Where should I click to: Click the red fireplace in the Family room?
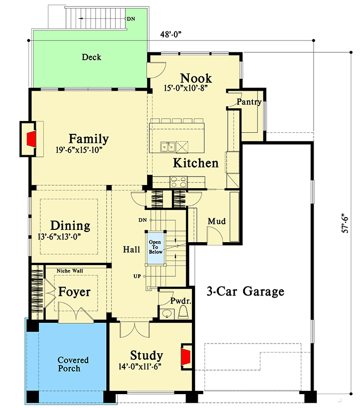pyautogui.click(x=32, y=139)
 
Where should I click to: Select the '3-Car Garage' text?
pyautogui.click(x=245, y=292)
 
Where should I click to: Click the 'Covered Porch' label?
pyautogui.click(x=73, y=364)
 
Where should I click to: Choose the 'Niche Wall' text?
pyautogui.click(x=70, y=271)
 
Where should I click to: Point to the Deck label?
pyautogui.click(x=91, y=57)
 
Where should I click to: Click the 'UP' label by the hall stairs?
pyautogui.click(x=137, y=276)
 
